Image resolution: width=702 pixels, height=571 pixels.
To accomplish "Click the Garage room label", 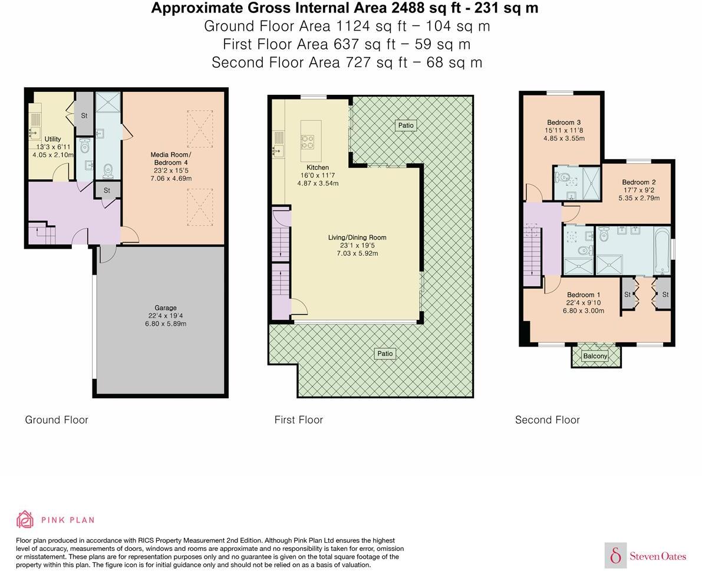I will (166, 308).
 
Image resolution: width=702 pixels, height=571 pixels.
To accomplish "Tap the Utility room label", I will (52, 139).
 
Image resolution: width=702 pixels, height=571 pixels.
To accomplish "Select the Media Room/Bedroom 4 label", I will (172, 159).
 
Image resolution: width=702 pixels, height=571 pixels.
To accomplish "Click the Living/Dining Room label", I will (357, 237).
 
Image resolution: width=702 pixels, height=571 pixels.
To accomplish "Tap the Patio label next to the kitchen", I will (406, 125).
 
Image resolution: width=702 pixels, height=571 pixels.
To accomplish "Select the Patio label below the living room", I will (385, 354).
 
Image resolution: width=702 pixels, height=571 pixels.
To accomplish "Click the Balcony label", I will (595, 356).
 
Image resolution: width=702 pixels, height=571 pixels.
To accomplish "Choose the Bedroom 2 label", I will (639, 182).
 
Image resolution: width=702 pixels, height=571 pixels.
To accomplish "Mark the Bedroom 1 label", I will (584, 295).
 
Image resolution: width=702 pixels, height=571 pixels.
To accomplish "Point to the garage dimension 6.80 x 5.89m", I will (166, 324).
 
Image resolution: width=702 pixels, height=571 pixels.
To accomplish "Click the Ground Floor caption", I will (57, 420).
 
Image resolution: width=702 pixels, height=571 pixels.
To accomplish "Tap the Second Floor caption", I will (547, 420).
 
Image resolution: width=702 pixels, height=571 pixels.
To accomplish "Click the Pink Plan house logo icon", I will (25, 519).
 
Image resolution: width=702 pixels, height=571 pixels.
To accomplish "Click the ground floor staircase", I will (42, 234).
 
